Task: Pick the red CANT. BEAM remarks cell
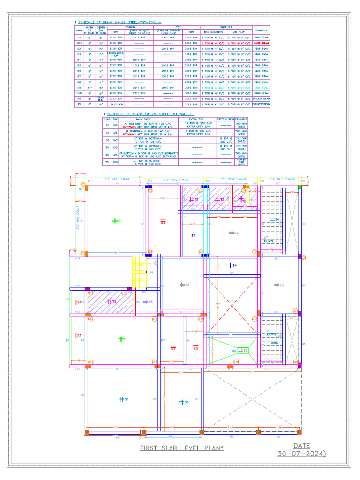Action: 261,43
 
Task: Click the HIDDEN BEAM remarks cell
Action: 261,99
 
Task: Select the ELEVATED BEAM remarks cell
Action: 261,105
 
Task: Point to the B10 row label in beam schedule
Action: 79,93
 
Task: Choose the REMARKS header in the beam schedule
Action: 261,30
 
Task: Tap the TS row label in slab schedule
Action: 107,162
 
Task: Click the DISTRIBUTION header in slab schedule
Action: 225,119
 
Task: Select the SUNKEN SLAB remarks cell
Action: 241,162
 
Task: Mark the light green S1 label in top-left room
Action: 117,220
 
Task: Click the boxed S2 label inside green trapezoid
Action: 242,350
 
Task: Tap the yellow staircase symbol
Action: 139,272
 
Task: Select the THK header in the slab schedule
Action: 115,119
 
